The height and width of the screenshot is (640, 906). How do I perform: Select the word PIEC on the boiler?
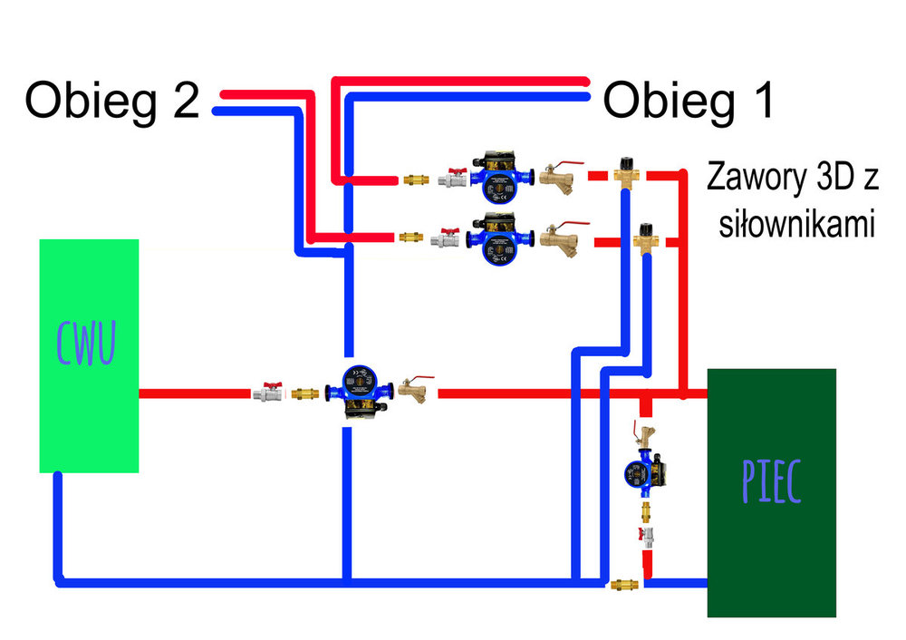(770, 482)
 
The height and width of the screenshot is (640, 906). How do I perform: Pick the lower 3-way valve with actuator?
(645, 238)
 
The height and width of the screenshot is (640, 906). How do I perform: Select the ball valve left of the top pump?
(453, 177)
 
